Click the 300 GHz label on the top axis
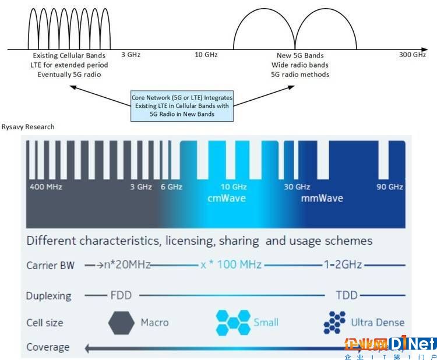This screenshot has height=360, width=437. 413,55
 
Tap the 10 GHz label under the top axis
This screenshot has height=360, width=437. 206,55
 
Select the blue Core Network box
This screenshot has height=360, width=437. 182,106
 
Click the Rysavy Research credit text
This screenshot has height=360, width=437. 28,127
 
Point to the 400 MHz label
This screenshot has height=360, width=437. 46,186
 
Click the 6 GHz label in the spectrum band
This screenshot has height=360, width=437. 171,186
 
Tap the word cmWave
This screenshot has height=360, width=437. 227,198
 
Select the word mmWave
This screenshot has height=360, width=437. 322,198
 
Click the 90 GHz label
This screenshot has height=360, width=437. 390,186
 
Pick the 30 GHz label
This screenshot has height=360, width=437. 297,186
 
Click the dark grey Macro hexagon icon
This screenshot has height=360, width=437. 121,323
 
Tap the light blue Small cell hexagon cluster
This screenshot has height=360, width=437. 233,322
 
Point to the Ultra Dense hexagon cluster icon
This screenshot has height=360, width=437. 334,323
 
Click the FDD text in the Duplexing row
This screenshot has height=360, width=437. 121,295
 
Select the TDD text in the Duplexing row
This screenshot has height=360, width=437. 347,295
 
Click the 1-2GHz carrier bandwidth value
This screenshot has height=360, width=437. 343,264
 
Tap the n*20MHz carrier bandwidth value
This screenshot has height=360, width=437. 127,264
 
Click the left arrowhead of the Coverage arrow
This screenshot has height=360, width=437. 87,348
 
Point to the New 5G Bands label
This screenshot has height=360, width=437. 300,55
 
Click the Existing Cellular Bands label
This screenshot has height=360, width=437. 69,55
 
